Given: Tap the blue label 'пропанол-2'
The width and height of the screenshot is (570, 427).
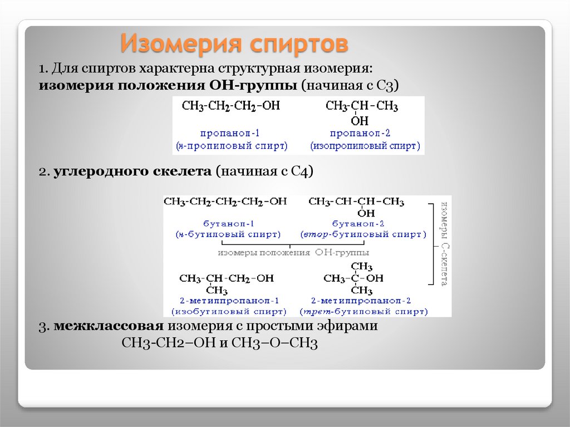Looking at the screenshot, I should pos(365,134).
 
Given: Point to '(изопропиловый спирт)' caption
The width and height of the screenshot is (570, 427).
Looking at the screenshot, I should pos(365,146).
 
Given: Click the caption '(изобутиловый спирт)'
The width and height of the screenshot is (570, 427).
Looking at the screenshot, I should pos(229,311).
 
